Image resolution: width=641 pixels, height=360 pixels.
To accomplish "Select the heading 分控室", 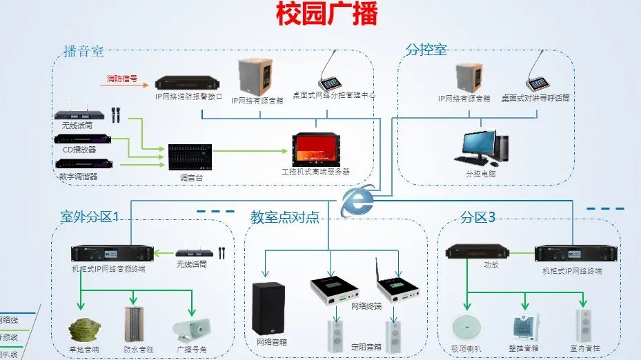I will [x=426, y=50].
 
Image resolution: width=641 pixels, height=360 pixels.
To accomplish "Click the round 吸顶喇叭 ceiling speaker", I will [x=466, y=327].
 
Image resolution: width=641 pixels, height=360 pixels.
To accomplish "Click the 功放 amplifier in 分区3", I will [x=471, y=252].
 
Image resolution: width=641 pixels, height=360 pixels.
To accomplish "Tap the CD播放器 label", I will [x=79, y=150].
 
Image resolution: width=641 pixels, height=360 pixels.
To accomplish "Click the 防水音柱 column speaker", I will [x=133, y=323].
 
